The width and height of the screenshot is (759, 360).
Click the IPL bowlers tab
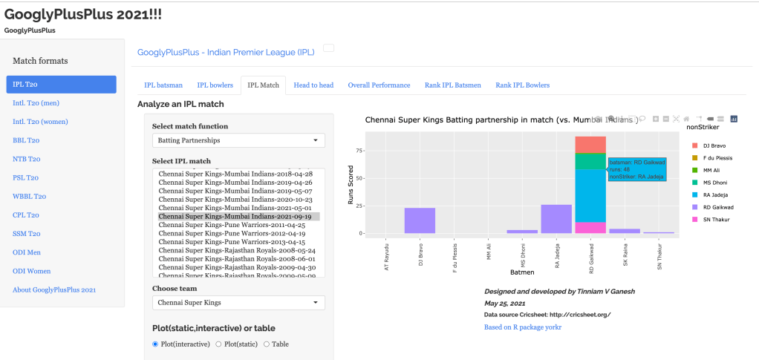tap(215, 85)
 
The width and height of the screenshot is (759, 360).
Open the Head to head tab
tap(313, 85)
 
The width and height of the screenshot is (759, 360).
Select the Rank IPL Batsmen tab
tap(452, 85)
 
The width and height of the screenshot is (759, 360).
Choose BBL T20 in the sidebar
tap(26, 140)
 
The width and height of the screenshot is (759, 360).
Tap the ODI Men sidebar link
tap(28, 252)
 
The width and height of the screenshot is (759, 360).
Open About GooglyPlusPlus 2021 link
tap(54, 289)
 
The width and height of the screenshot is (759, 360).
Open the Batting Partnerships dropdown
tap(238, 140)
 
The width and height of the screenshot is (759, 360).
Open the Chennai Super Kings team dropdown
tap(238, 302)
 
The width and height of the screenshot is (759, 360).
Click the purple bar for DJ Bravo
tap(420, 220)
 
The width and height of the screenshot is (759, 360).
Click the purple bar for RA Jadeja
tap(556, 219)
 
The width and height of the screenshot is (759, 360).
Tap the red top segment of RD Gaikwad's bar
tap(590, 145)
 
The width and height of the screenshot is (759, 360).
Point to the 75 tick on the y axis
tap(359, 151)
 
